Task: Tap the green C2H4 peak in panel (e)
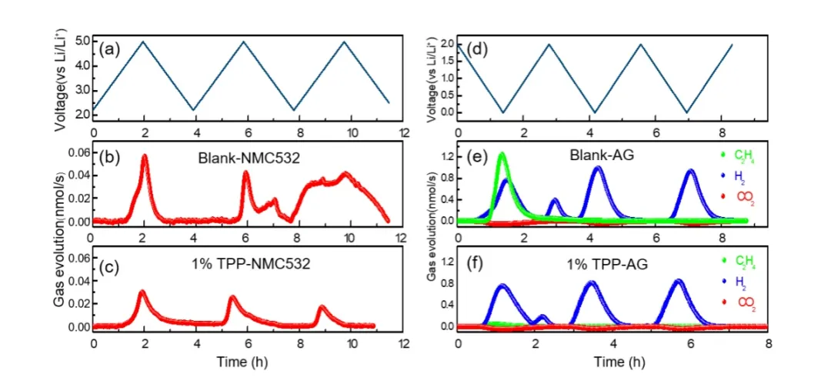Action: (x=502, y=154)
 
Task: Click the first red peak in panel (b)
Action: (x=144, y=157)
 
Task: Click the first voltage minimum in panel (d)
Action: (x=502, y=112)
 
